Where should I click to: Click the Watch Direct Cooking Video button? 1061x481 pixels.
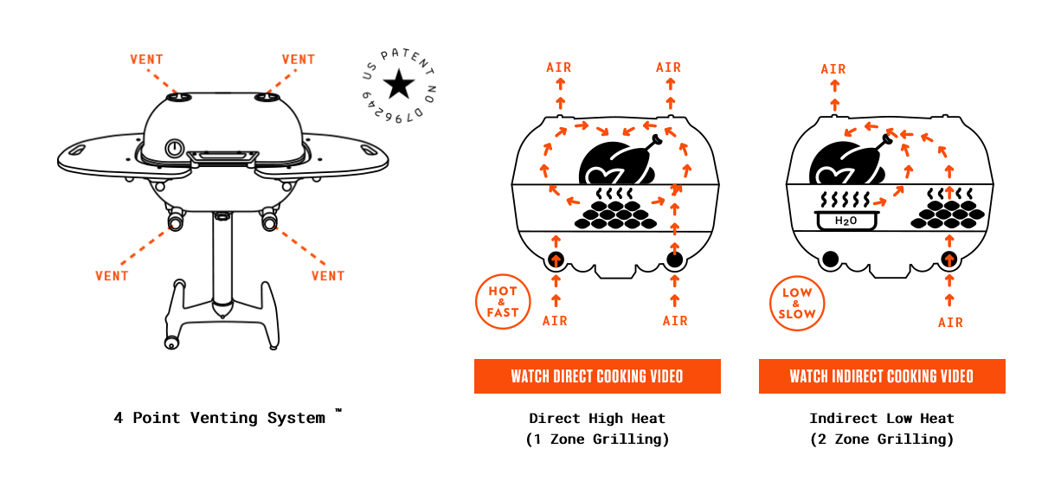(x=597, y=376)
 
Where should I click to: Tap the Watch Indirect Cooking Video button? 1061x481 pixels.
(x=881, y=376)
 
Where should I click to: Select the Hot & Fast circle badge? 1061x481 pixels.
(x=503, y=302)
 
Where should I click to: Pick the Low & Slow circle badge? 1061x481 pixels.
(x=797, y=304)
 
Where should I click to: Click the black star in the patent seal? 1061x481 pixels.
(x=399, y=84)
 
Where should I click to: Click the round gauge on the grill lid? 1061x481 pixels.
(x=176, y=147)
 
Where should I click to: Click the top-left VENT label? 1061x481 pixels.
(x=146, y=60)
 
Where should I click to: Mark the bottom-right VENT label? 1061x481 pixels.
(x=328, y=276)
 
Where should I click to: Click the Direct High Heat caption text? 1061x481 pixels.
(x=597, y=418)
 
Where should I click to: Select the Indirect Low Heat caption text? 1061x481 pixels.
(x=881, y=418)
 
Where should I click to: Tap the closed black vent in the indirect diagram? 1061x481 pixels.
(x=831, y=258)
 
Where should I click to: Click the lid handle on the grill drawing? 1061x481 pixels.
(x=222, y=157)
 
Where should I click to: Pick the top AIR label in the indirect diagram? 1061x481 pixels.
(x=833, y=69)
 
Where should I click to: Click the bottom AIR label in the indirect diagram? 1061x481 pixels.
(x=950, y=323)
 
